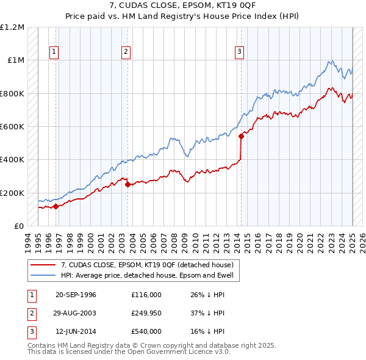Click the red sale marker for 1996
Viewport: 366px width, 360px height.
[x=56, y=206]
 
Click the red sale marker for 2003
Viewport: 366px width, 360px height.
[x=127, y=184]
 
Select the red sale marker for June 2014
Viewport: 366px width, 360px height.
[x=241, y=137]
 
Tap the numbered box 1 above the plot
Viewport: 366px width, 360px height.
[x=54, y=52]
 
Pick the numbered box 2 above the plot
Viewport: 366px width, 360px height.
[x=126, y=52]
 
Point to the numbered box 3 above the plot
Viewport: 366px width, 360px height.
[x=240, y=52]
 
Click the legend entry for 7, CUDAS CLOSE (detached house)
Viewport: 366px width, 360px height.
[x=147, y=265]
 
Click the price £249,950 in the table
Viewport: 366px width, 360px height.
[x=146, y=313]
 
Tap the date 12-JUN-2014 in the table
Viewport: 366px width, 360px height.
[x=76, y=331]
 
